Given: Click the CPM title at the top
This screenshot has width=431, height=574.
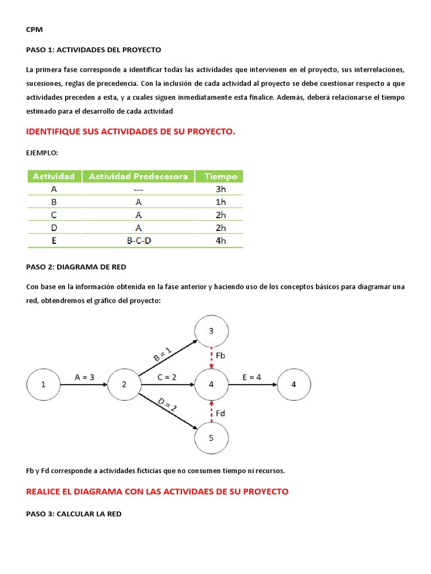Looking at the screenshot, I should (34, 30).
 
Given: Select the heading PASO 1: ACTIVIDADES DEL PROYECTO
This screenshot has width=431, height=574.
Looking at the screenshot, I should (94, 50).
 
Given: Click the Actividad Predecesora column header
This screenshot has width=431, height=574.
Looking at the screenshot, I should (139, 177).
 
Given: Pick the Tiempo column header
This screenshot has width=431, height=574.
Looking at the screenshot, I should (221, 177).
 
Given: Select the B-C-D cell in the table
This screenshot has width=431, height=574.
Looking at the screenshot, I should (139, 240).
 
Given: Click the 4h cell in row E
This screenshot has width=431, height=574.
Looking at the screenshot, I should (221, 240).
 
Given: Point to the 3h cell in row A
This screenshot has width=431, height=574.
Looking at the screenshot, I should (221, 189).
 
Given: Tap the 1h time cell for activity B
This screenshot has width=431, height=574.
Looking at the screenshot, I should (221, 202).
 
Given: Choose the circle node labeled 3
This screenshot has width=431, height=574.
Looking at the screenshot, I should (211, 331).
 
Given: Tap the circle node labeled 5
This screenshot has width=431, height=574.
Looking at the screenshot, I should (211, 438).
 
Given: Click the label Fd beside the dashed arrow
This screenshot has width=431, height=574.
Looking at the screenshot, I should (221, 413).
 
